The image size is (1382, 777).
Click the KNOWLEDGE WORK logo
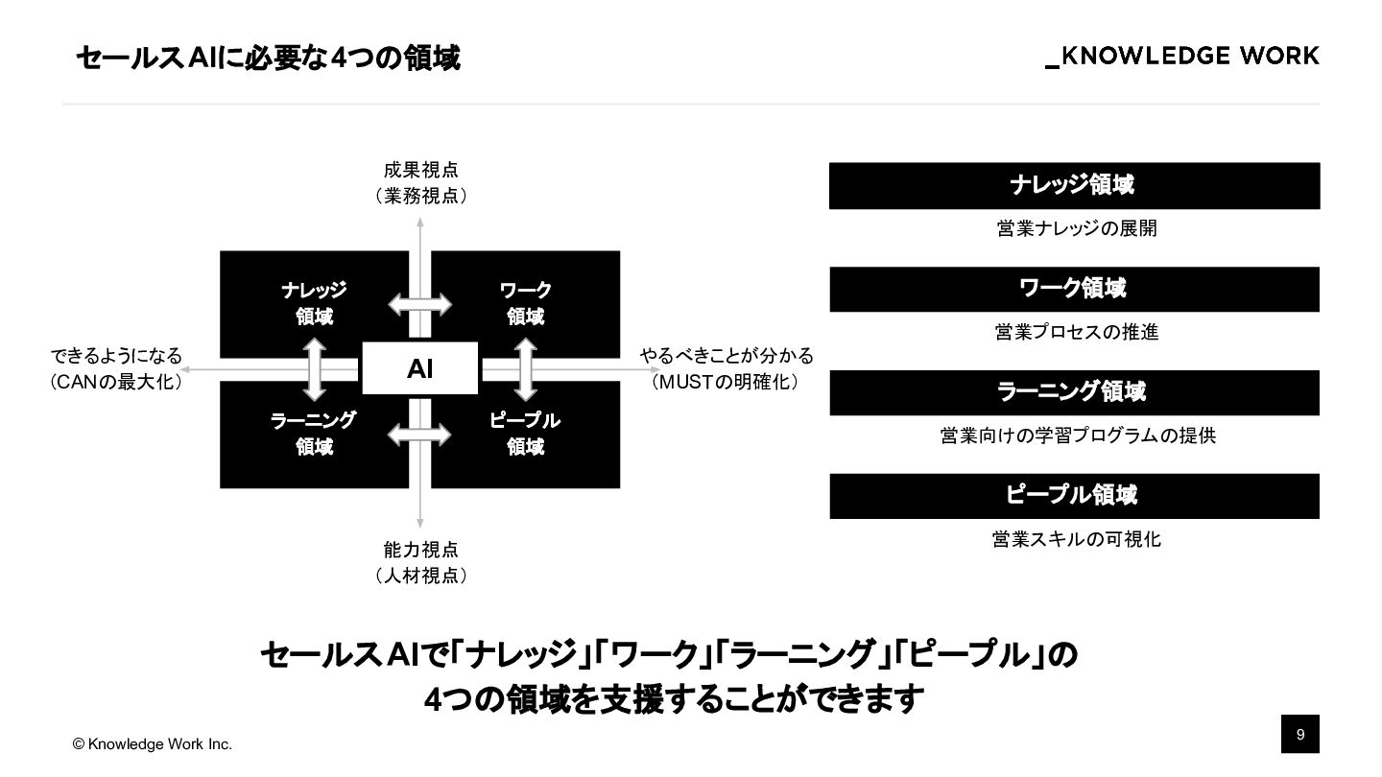click(1182, 57)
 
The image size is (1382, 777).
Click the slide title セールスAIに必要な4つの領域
click(268, 59)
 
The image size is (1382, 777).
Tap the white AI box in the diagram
click(419, 368)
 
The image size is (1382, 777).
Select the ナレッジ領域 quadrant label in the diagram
click(314, 303)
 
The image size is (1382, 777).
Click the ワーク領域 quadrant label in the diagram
click(525, 303)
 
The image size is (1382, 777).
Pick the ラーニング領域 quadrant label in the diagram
click(314, 434)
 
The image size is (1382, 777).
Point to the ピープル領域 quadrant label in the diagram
click(525, 434)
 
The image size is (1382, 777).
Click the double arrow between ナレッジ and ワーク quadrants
click(419, 305)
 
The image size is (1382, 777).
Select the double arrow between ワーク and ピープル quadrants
click(525, 368)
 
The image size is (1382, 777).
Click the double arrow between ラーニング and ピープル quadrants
click(419, 434)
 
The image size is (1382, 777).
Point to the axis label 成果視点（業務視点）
click(420, 183)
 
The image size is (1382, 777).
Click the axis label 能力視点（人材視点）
click(420, 563)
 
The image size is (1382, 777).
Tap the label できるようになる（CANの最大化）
click(116, 369)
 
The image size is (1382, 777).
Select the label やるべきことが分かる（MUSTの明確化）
click(727, 369)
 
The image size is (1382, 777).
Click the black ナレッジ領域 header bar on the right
click(1074, 185)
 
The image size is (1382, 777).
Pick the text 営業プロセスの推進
click(1076, 332)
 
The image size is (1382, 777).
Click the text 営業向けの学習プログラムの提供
click(1077, 436)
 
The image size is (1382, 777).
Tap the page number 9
click(1300, 735)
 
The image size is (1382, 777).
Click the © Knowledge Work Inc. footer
click(154, 744)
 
